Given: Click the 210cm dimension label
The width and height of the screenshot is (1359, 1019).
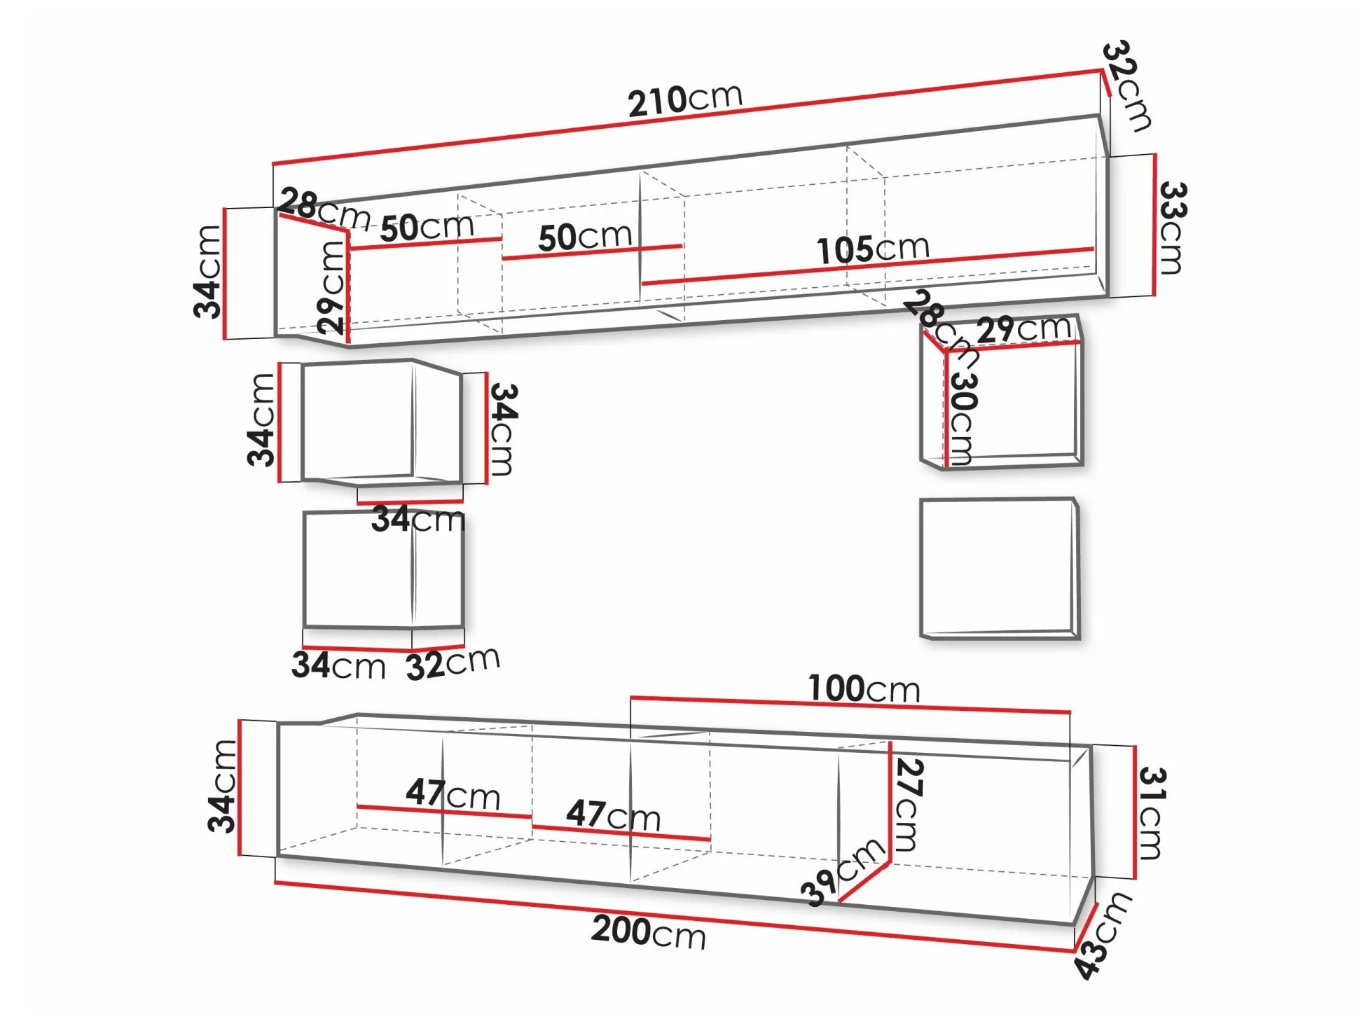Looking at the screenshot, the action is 684,101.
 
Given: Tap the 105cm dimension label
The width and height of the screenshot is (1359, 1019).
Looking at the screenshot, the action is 873,249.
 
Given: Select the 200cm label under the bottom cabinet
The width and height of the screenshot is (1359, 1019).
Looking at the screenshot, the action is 648,932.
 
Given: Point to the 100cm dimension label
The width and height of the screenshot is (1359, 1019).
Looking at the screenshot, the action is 864,688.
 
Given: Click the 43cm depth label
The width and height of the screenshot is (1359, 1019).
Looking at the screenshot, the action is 1102,935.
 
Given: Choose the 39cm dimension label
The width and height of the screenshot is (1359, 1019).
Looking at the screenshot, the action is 843,872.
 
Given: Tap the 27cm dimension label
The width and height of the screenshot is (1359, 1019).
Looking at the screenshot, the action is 909,805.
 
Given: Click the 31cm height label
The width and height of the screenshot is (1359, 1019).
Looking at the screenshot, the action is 1150,812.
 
